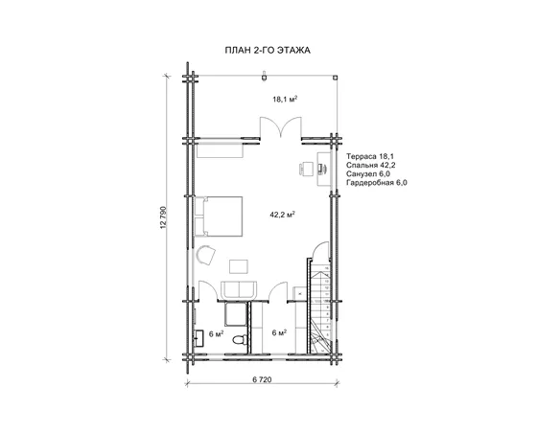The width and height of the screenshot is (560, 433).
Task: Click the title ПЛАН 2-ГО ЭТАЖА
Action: (268, 50)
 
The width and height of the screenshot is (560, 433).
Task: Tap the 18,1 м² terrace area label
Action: (285, 100)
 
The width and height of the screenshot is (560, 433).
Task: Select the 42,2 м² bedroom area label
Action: (282, 215)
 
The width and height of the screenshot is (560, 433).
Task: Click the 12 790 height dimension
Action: (164, 217)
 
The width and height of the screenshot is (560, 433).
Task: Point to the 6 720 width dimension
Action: (262, 379)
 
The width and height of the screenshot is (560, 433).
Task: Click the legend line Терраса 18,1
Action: (370, 156)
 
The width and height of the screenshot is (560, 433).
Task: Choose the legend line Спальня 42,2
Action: (370, 165)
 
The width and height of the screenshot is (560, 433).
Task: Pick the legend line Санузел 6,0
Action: (368, 173)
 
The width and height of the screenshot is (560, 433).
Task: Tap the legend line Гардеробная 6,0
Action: (377, 183)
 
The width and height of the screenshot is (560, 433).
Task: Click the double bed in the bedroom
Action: (219, 216)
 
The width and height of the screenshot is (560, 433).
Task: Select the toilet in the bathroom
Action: (240, 339)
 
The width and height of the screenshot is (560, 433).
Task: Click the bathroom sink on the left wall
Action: (198, 338)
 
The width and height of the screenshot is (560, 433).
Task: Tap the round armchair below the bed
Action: (205, 255)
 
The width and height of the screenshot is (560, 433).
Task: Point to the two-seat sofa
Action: (239, 290)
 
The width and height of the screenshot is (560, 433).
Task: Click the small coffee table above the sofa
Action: (239, 266)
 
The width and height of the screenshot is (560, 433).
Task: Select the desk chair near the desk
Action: (306, 169)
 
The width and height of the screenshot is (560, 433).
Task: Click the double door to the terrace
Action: (280, 127)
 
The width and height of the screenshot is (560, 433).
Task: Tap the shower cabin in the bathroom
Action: (235, 314)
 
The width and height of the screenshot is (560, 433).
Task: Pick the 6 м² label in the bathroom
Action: (216, 333)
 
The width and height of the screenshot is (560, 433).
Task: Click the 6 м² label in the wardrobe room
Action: (279, 332)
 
